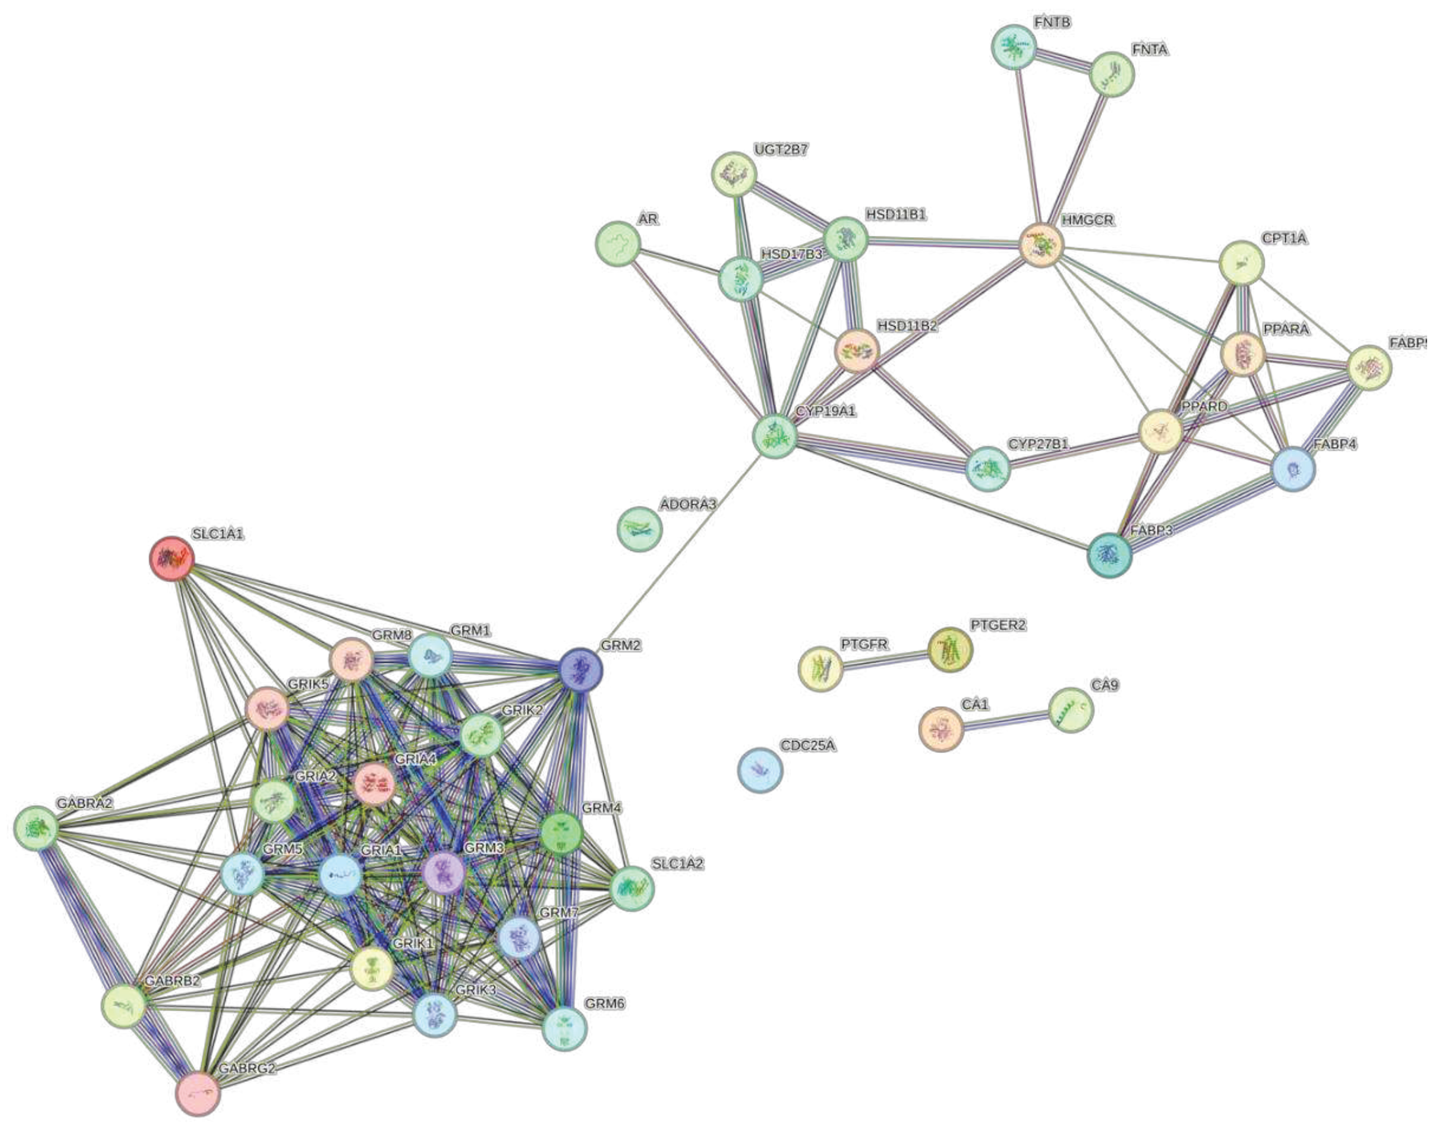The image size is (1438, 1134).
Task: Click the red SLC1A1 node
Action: click(171, 558)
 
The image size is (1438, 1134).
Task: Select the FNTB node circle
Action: click(1014, 47)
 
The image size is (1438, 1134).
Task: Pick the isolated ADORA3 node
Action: click(640, 529)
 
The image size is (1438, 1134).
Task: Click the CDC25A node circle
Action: click(761, 770)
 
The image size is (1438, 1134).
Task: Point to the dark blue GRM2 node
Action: click(580, 671)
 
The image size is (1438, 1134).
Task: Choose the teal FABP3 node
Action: click(1109, 555)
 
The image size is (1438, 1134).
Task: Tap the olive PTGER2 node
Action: click(950, 650)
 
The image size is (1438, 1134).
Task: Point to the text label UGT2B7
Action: click(780, 150)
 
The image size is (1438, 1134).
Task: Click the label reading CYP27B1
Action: click(1038, 443)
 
